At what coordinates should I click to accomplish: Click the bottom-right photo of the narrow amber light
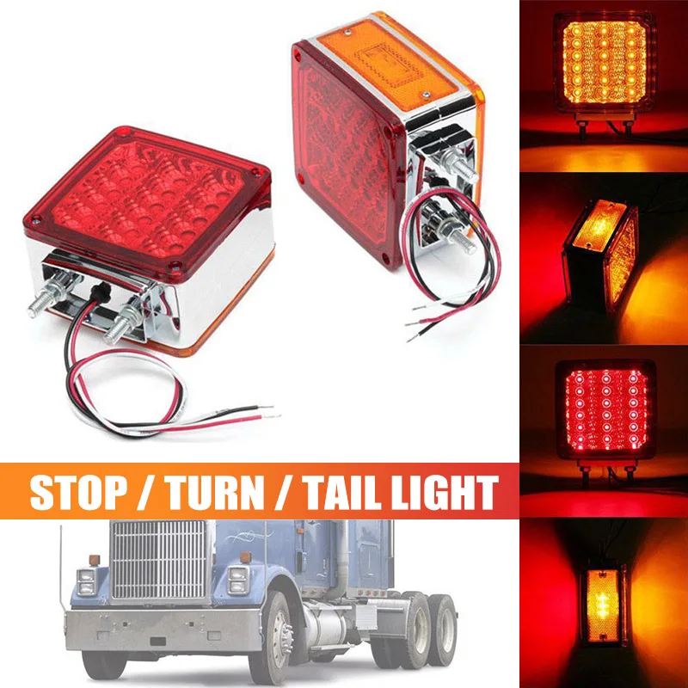coord(603,598)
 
